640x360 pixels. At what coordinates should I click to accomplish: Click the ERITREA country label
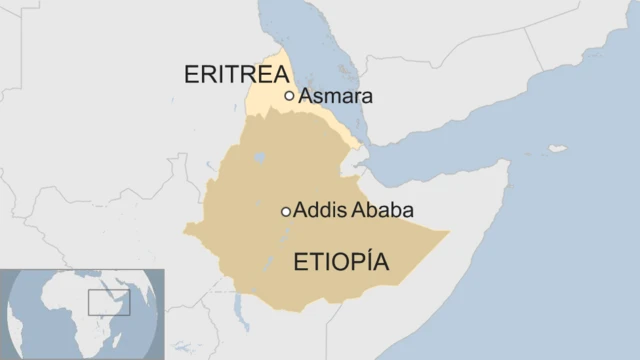point(236,75)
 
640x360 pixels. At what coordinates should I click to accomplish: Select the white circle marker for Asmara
point(290,96)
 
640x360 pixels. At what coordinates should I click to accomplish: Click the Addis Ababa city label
point(354,212)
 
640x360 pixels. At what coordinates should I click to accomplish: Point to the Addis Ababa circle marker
point(286,212)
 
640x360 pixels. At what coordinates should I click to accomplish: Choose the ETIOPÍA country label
point(340,263)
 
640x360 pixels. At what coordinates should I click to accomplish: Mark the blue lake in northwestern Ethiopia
point(260,157)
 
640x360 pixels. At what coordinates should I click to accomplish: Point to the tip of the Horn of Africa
point(509,159)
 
